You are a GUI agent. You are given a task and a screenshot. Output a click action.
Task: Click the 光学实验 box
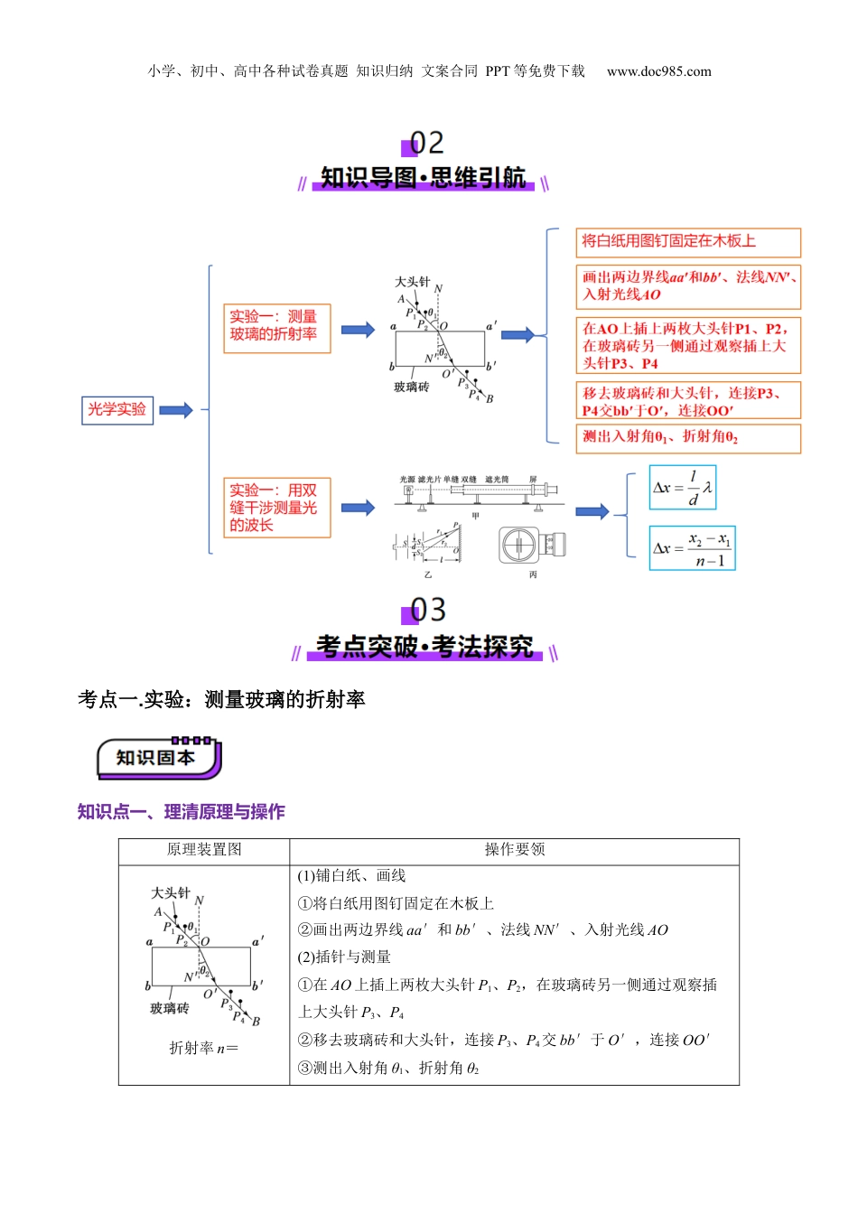point(117,410)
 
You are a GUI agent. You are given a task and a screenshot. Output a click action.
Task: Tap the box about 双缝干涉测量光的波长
point(276,508)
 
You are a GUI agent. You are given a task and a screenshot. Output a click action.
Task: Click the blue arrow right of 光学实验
point(176,410)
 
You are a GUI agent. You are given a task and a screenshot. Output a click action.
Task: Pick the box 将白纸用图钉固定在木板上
point(688,242)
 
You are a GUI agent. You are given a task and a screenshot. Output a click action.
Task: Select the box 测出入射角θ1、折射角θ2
point(688,438)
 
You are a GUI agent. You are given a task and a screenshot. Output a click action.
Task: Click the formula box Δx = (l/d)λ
point(683,489)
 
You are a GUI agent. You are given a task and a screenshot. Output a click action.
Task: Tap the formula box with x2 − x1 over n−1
point(692,549)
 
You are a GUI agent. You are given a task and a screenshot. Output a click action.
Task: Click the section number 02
point(424,143)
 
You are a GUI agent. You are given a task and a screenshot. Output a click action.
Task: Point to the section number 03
point(426,611)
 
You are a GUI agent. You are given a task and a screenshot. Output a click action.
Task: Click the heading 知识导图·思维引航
point(423,178)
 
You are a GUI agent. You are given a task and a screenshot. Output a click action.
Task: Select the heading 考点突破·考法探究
point(424,647)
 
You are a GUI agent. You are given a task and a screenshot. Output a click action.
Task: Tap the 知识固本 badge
point(158,759)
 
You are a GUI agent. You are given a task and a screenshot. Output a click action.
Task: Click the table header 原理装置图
point(204,850)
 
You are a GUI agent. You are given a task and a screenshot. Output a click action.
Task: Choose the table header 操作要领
point(514,850)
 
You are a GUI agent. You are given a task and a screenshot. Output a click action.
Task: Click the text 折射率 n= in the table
point(204,1048)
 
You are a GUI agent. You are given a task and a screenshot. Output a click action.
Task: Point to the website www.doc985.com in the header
point(658,71)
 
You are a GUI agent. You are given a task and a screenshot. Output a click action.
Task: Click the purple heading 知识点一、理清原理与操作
point(181,812)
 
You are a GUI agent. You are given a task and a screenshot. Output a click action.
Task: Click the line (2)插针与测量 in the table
point(344,957)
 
